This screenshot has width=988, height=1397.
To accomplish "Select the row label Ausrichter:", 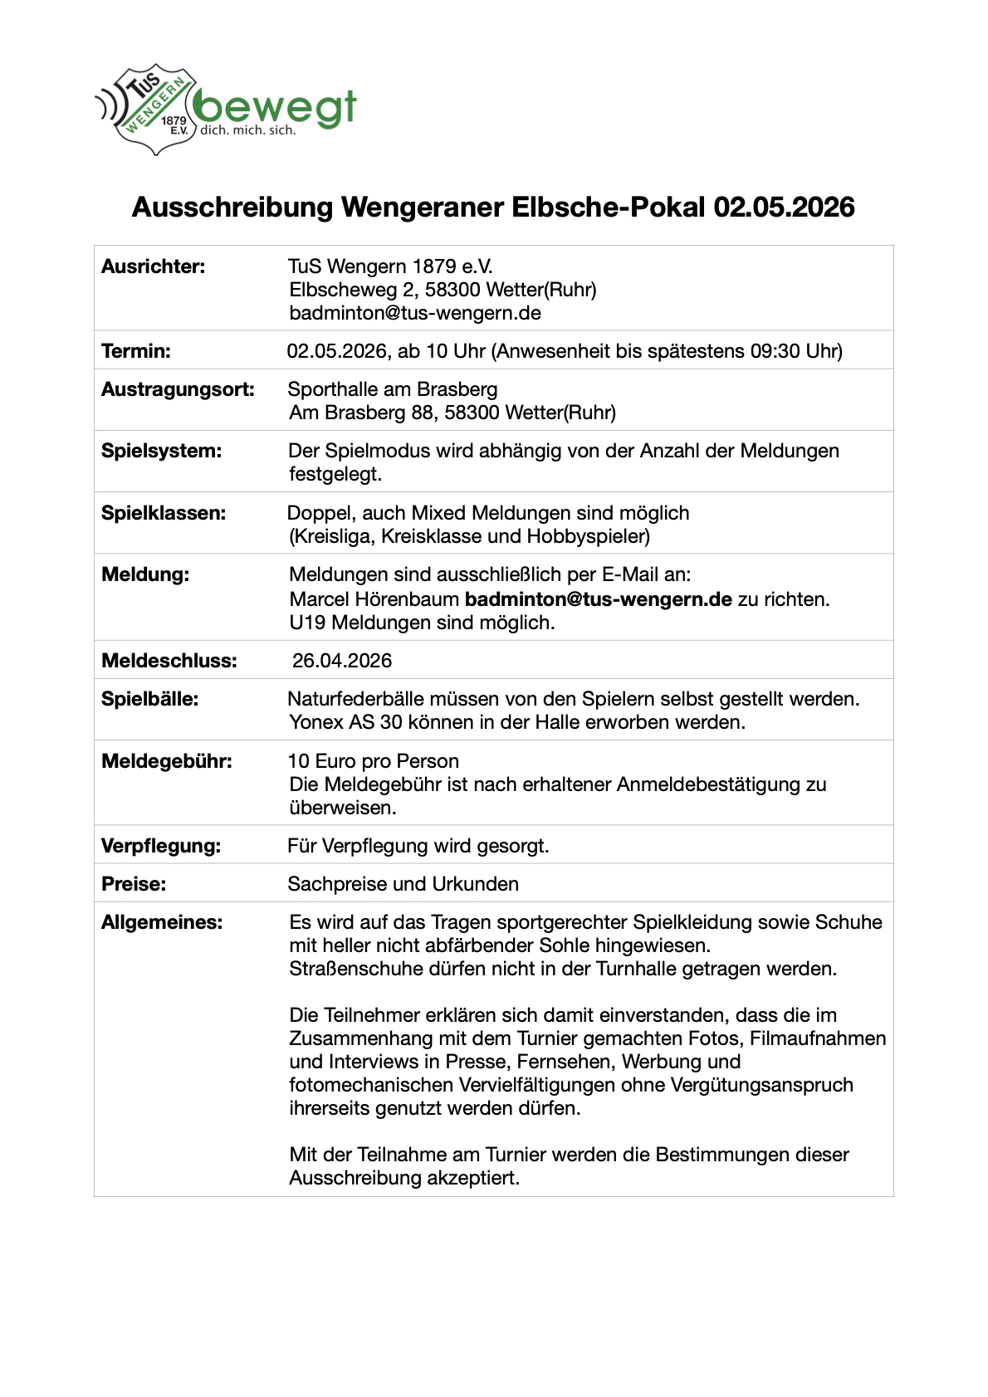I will coord(154,266).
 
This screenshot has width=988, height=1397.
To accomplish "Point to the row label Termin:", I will coord(136,351).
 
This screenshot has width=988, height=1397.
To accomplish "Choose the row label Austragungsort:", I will coord(178,389).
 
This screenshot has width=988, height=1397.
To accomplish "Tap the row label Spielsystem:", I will coord(162,451).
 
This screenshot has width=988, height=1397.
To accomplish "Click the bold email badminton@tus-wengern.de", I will coord(598,599).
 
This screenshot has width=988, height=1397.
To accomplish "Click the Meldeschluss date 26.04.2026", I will coord(342,661).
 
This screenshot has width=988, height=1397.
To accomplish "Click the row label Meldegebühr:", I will coord(167,761).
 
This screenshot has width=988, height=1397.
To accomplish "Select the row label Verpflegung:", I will coord(161,846).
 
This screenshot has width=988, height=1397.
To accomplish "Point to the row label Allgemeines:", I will coord(162,922).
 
